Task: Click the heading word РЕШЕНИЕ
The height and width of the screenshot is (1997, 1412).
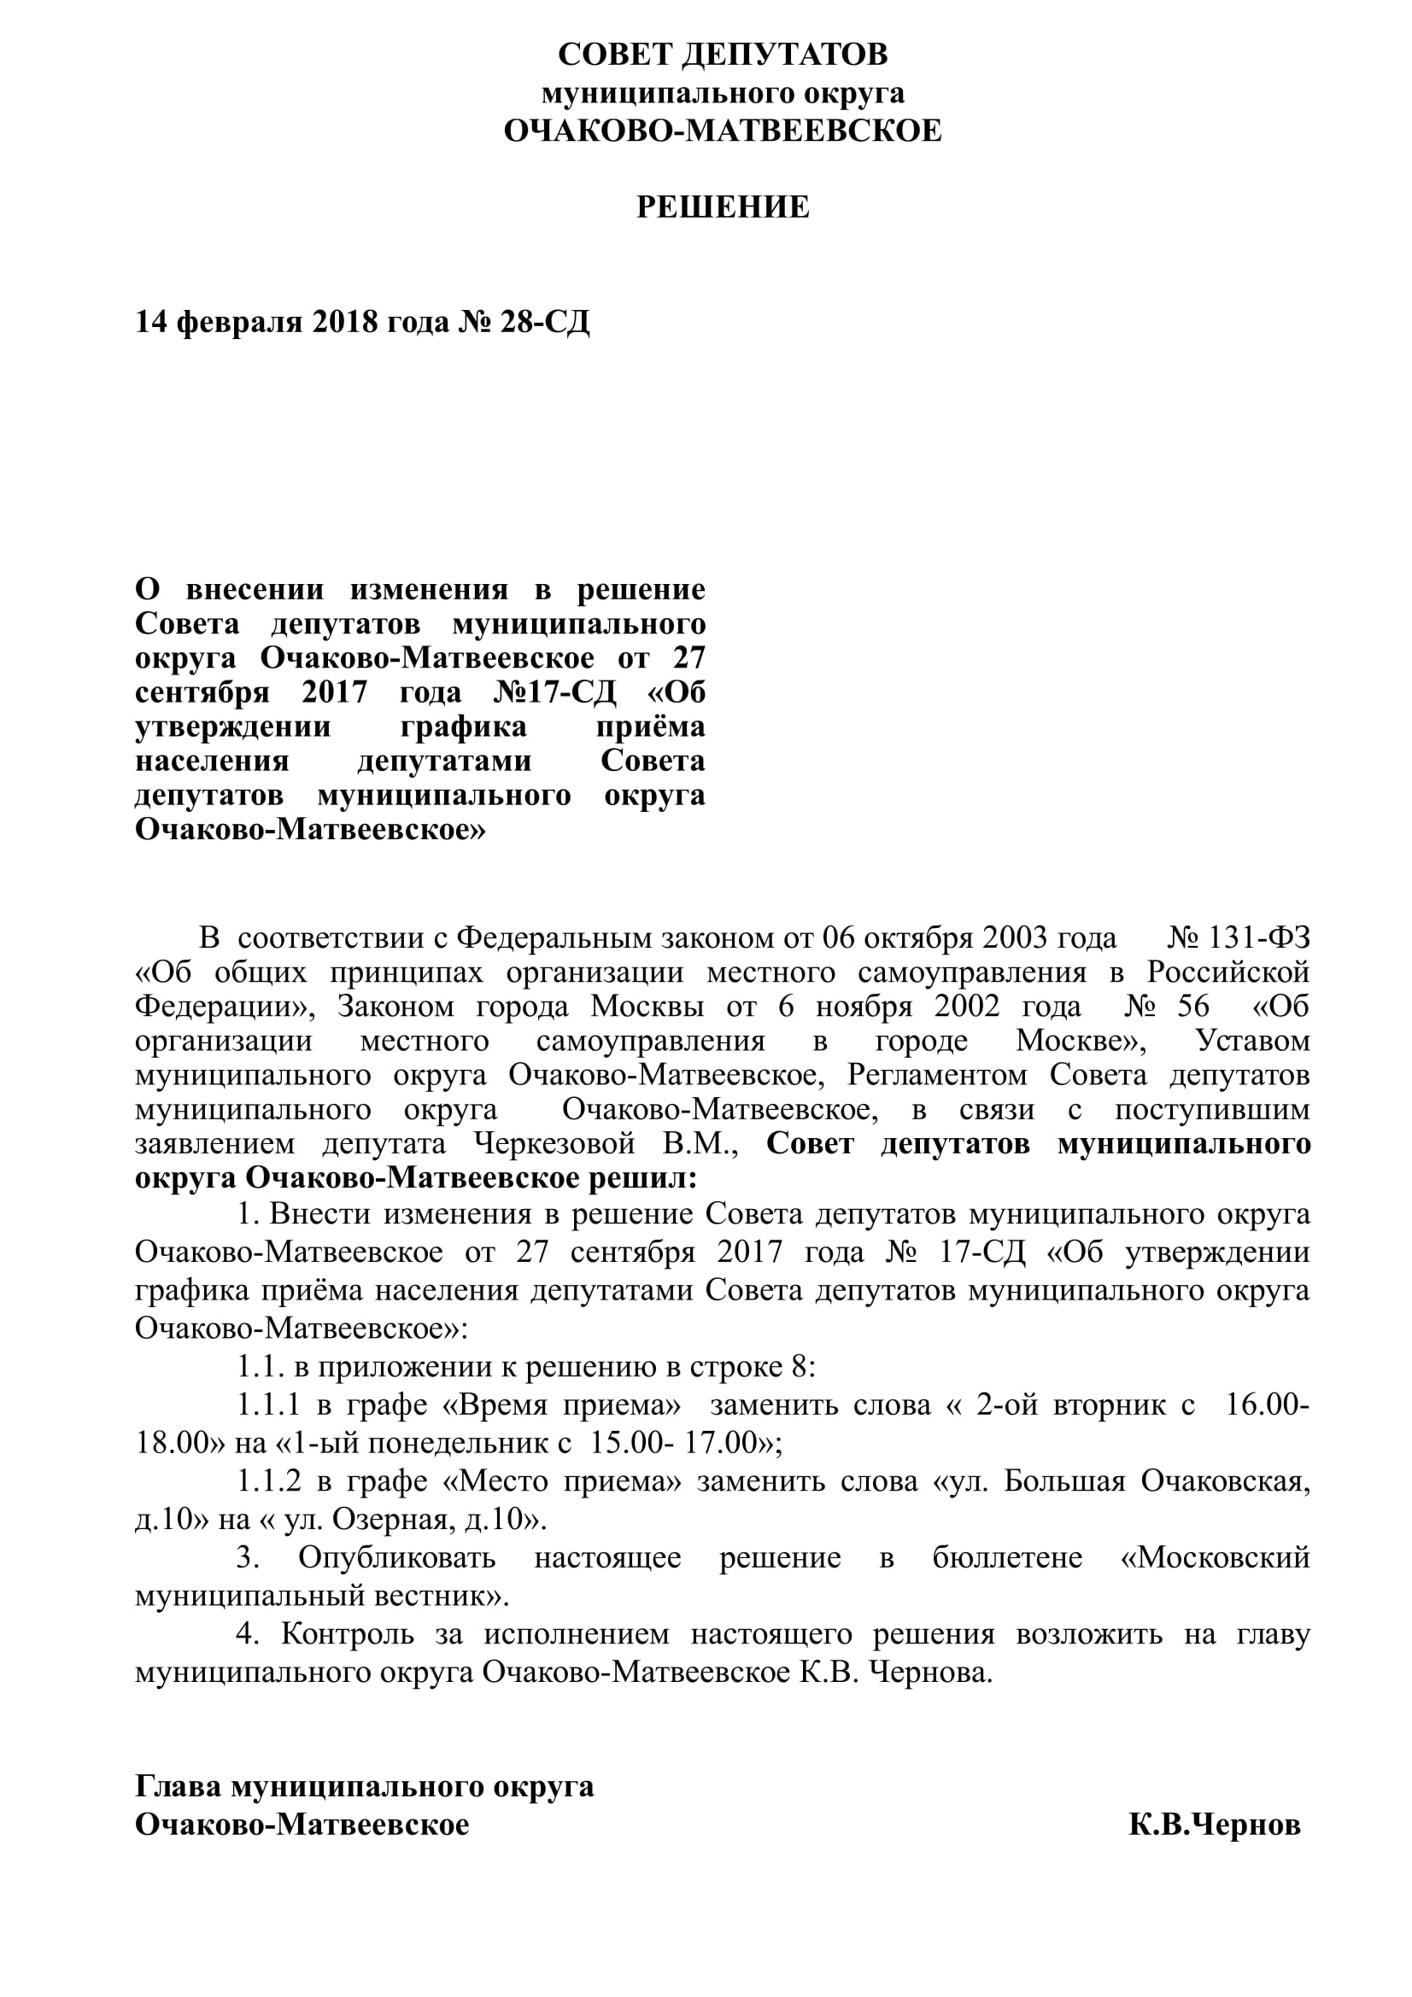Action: (x=723, y=207)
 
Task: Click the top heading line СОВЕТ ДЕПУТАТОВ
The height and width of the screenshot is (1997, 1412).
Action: (x=723, y=55)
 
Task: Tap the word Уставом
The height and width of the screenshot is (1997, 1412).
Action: (x=1253, y=1041)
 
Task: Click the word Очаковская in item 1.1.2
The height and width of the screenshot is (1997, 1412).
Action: (x=1225, y=1480)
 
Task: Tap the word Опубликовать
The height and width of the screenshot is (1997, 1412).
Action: (x=396, y=1558)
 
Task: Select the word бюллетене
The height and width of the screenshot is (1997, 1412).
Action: (x=1006, y=1558)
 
